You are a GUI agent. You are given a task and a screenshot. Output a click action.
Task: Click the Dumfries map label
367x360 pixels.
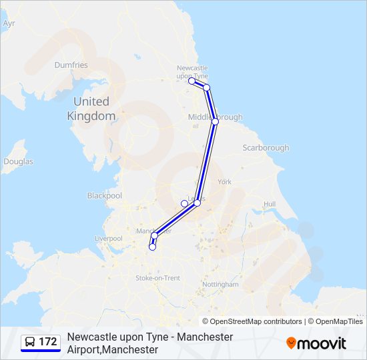[71, 65]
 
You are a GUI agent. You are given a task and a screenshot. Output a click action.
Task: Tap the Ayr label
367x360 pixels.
[9, 23]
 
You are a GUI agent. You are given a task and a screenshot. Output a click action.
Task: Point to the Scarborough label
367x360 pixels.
[266, 147]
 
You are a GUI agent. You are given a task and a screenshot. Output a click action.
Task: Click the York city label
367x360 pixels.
[224, 181]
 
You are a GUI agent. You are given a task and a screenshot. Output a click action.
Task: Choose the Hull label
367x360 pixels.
[270, 203]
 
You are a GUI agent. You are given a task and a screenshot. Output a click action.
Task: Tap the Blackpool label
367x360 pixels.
[105, 196]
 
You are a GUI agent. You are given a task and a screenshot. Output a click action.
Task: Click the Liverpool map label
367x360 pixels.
[108, 238]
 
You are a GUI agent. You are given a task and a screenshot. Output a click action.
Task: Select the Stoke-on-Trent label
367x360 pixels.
[157, 277]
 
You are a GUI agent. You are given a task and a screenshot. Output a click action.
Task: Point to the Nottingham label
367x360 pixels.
[220, 284]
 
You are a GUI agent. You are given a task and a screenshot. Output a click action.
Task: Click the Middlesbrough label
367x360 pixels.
[216, 117]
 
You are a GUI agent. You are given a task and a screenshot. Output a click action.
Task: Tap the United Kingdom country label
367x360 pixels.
[91, 109]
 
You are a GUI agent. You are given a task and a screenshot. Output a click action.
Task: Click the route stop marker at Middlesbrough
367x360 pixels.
[215, 122]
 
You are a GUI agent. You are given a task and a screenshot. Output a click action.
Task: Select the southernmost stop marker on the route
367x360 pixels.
[152, 247]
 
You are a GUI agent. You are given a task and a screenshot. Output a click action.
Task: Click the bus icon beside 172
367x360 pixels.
[30, 342]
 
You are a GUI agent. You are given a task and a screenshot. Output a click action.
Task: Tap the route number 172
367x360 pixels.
[48, 342]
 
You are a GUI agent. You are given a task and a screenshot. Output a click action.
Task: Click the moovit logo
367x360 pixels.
[316, 343]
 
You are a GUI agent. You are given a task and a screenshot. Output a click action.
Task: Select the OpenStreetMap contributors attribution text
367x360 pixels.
[256, 321]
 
